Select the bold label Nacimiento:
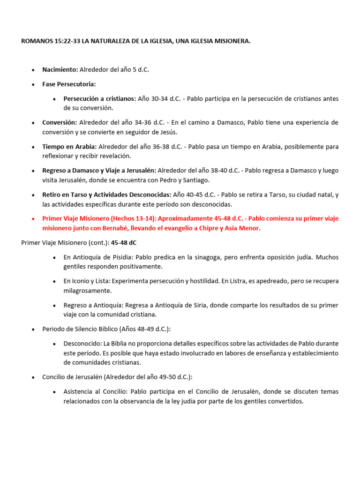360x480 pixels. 60,69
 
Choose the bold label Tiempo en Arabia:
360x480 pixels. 69,147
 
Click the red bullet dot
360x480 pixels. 33,218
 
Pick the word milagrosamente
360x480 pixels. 87,291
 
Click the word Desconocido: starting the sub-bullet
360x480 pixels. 82,344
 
